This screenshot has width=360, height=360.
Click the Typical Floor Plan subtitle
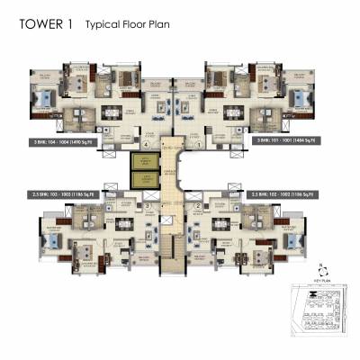pyautogui.click(x=122, y=27)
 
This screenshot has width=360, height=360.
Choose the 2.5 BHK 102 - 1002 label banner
pyautogui.click(x=292, y=193)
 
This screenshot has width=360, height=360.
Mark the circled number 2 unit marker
pyautogui.click(x=197, y=206)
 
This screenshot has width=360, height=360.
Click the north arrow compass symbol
pyautogui.click(x=319, y=269)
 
